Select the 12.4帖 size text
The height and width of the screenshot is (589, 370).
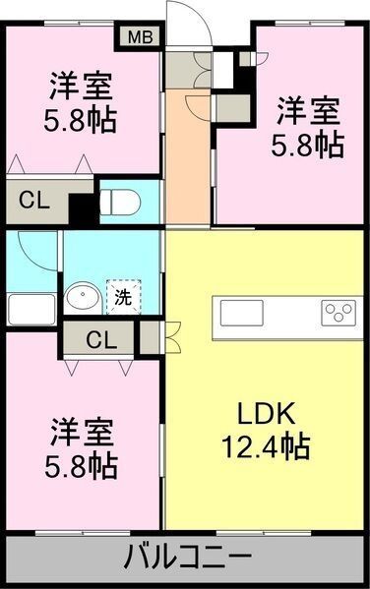(263, 446)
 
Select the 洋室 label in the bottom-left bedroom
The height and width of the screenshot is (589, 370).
(82, 431)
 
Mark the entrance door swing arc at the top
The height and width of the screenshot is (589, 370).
(189, 22)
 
